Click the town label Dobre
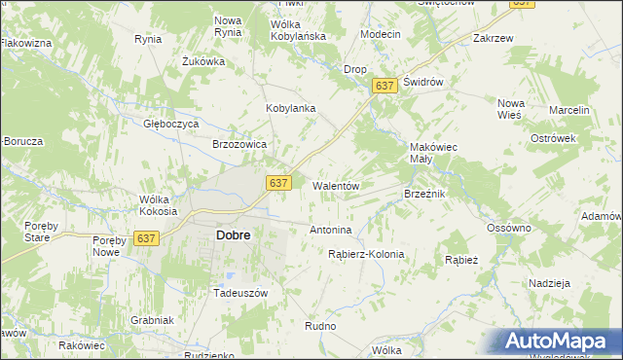point(233,235)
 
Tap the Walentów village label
point(337,185)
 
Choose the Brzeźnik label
point(424,194)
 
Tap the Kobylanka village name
point(291,108)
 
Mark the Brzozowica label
point(239,144)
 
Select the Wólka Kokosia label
point(158,205)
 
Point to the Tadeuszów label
point(240,292)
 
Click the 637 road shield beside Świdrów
point(385,87)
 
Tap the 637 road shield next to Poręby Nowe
point(148,238)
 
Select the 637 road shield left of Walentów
point(279,183)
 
